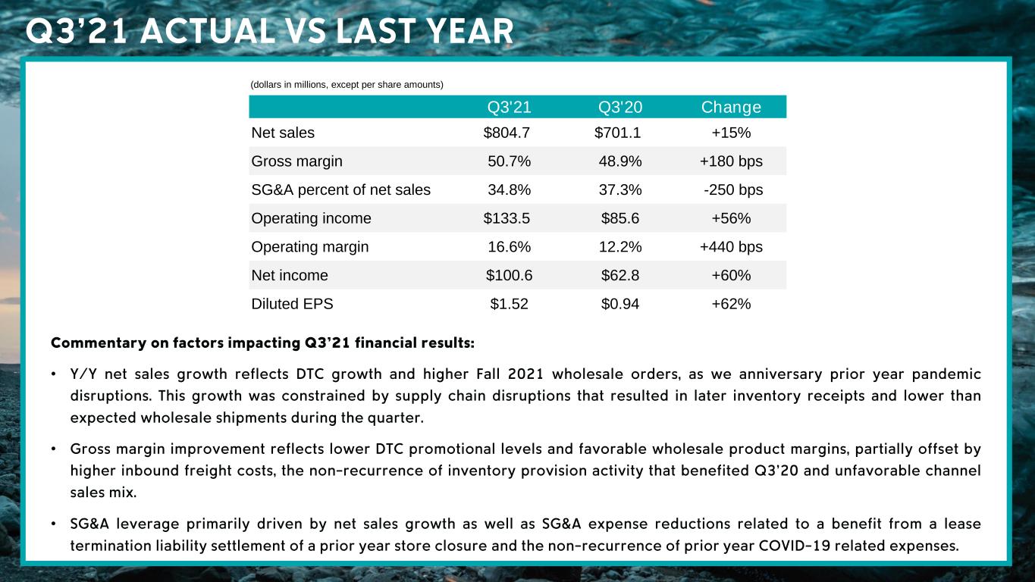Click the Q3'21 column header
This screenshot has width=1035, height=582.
point(509,107)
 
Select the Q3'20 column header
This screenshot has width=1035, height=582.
point(620,107)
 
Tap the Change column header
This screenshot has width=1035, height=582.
point(731,107)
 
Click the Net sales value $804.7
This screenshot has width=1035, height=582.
point(507,133)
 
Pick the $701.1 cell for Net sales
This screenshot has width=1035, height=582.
point(618,133)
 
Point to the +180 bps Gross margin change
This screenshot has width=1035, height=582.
point(731,161)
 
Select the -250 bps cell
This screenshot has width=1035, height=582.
point(733,190)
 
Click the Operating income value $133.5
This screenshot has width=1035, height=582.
point(507,219)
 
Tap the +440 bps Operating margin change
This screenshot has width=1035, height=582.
point(731,247)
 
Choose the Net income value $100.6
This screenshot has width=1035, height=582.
point(509,276)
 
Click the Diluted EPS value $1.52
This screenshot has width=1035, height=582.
point(509,305)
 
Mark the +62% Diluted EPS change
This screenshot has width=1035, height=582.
point(731,305)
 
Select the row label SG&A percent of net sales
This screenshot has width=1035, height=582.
point(340,190)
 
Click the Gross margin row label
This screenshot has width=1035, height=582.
point(296,161)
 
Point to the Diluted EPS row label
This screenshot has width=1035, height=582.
point(292,305)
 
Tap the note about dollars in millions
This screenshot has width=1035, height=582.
point(347,84)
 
